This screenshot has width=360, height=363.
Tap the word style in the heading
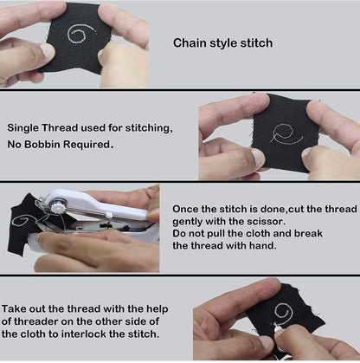click(227, 42)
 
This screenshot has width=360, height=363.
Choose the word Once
click(187, 211)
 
